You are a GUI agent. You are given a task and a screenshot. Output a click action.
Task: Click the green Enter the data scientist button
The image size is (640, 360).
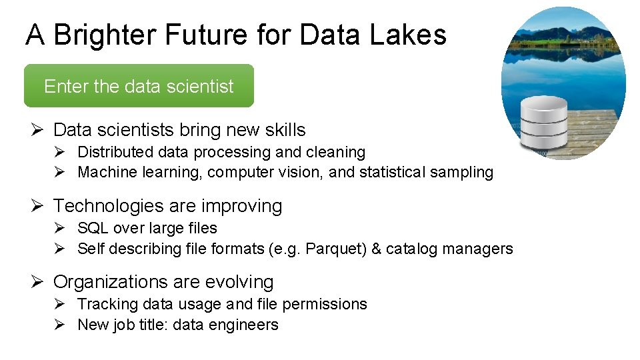(x=139, y=86)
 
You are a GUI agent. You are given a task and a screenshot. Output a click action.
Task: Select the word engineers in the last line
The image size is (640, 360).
(x=248, y=325)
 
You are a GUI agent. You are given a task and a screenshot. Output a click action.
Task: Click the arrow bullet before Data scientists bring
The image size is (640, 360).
(x=37, y=130)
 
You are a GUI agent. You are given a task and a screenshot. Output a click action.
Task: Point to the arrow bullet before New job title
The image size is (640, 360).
(x=59, y=325)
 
